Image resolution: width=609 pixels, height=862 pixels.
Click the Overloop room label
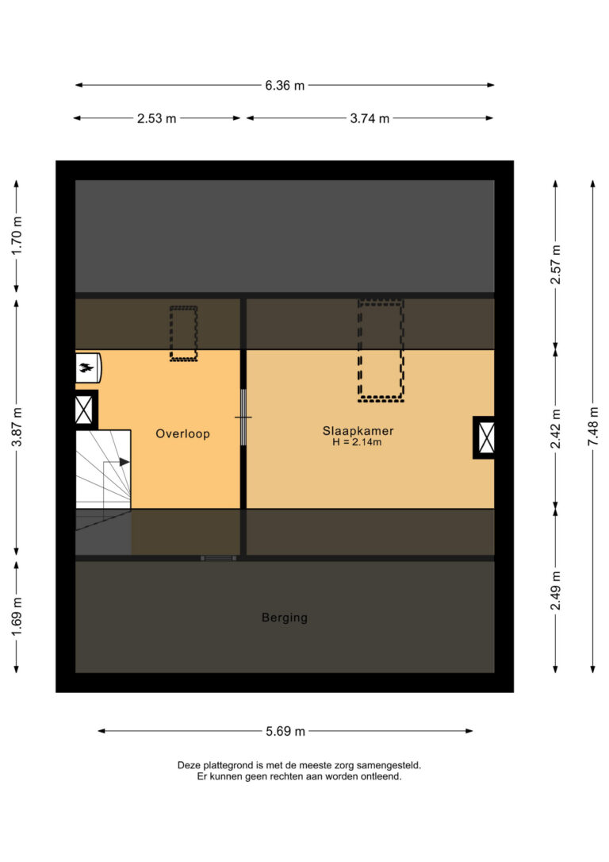coord(182,433)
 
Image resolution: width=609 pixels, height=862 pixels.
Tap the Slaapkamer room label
coord(358,431)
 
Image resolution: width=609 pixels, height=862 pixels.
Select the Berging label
coord(285,618)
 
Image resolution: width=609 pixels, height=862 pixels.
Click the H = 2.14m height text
coord(357,442)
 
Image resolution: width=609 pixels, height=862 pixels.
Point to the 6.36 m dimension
coord(285,85)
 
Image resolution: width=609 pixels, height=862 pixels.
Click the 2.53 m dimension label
coord(156,118)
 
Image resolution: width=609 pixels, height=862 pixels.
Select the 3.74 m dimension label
coord(370,118)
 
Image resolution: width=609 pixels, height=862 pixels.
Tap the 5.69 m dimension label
coord(285,731)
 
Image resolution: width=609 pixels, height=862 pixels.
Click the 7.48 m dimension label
coord(593,426)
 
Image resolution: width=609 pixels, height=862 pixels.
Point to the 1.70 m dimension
coord(17,235)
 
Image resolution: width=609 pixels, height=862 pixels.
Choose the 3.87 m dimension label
coord(17,427)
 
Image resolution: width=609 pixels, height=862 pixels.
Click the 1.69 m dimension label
coord(17,617)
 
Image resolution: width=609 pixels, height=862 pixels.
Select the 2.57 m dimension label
coord(556,264)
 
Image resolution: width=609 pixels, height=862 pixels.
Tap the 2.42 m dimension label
coord(556,429)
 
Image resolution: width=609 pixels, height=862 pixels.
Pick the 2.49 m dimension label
coord(556,591)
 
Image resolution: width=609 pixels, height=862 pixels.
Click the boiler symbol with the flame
coord(88,368)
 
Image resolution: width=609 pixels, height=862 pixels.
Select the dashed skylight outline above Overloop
coord(183,333)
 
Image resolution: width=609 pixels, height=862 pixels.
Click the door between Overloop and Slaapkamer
coord(243,418)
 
